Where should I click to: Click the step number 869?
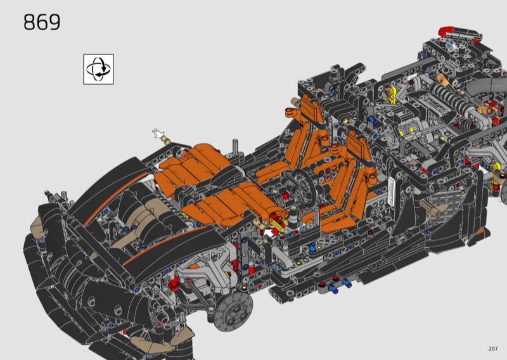click(x=42, y=22)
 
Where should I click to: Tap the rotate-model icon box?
click(x=99, y=69)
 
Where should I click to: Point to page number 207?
click(x=493, y=349)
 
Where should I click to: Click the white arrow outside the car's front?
click(x=158, y=133)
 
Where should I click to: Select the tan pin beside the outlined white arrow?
click(x=166, y=140)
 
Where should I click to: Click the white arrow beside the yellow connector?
click(x=269, y=232)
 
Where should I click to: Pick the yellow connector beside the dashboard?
click(x=278, y=225)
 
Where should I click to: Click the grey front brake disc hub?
click(x=233, y=312)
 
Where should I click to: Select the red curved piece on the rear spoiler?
click(x=446, y=32)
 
